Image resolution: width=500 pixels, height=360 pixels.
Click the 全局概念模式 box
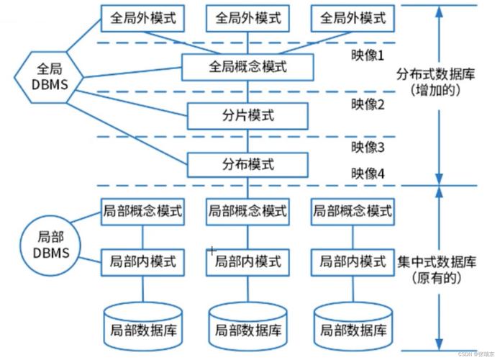(247, 68)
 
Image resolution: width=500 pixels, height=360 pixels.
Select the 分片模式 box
(247, 114)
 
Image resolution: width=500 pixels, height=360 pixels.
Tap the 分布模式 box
(247, 164)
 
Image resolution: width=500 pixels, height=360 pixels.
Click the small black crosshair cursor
(212, 251)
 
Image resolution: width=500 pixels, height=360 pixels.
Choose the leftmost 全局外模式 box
(142, 17)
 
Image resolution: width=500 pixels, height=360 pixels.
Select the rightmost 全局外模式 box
(353, 17)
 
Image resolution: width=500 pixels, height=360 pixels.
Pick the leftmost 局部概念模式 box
(142, 212)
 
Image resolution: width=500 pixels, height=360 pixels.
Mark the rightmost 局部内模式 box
(353, 261)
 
